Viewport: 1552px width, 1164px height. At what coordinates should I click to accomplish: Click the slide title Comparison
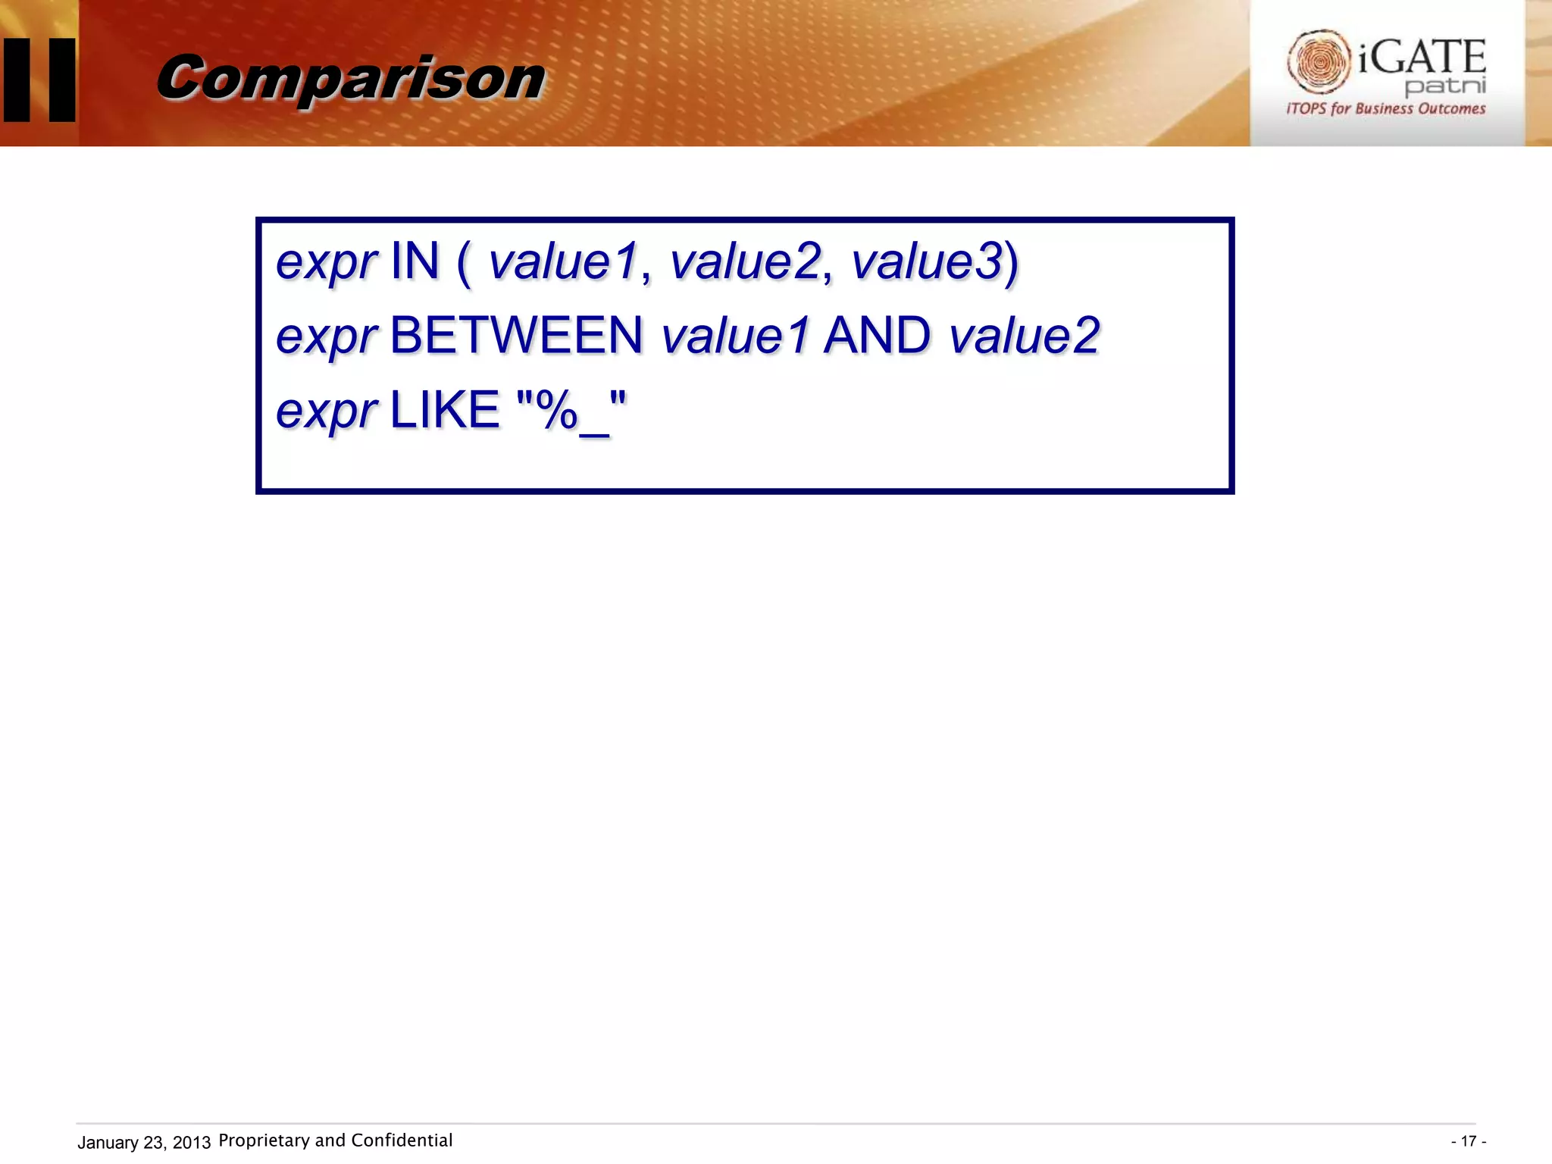[x=350, y=79]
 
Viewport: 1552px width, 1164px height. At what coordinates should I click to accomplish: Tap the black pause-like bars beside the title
[x=39, y=80]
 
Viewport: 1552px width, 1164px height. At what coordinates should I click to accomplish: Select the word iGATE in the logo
[x=1422, y=58]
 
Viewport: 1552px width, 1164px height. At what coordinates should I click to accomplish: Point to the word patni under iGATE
[x=1444, y=86]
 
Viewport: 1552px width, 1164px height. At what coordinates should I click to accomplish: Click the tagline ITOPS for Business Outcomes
[x=1385, y=108]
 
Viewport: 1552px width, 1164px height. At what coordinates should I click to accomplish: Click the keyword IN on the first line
[x=415, y=261]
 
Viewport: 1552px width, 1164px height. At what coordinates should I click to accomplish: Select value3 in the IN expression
[x=926, y=261]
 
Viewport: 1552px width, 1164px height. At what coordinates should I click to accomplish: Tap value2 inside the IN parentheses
[x=745, y=261]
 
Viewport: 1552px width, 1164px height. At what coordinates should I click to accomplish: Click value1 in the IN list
[x=563, y=261]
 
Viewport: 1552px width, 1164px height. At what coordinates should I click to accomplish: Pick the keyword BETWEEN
[x=516, y=336]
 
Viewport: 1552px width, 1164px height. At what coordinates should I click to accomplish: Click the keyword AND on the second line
[x=877, y=336]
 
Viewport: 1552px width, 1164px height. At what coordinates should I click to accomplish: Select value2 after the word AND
[x=1024, y=336]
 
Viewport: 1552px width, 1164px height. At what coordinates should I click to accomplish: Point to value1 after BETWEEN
[x=735, y=336]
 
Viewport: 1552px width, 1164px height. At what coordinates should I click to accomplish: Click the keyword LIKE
[x=445, y=410]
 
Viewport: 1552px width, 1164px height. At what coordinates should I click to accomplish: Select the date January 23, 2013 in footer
[x=144, y=1142]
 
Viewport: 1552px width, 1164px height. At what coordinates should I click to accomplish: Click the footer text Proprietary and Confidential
[x=335, y=1141]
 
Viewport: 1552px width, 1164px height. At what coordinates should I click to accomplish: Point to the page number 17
[x=1468, y=1141]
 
